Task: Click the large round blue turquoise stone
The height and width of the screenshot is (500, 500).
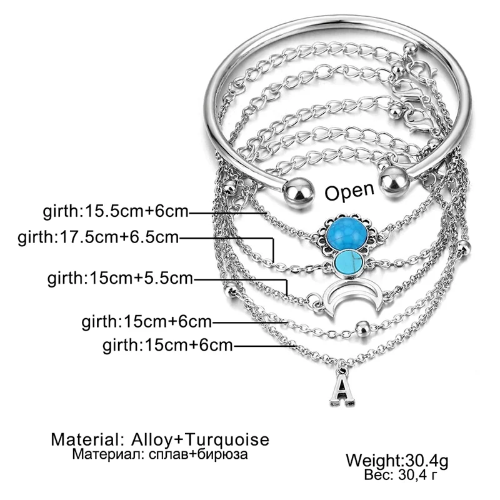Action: (347, 233)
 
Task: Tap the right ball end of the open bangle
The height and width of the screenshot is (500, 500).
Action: (396, 182)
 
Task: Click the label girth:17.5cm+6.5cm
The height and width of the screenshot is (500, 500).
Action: (98, 237)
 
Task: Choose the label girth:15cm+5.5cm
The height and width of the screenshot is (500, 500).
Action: (120, 278)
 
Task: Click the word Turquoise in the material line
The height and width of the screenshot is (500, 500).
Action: (227, 439)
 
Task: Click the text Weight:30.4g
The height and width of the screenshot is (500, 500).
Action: (397, 461)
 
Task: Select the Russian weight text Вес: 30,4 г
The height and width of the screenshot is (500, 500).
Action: (400, 475)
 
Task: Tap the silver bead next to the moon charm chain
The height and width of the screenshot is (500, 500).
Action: (362, 329)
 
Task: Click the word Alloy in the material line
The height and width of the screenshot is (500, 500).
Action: (151, 440)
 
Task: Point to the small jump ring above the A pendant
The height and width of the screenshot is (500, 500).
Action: (342, 371)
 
